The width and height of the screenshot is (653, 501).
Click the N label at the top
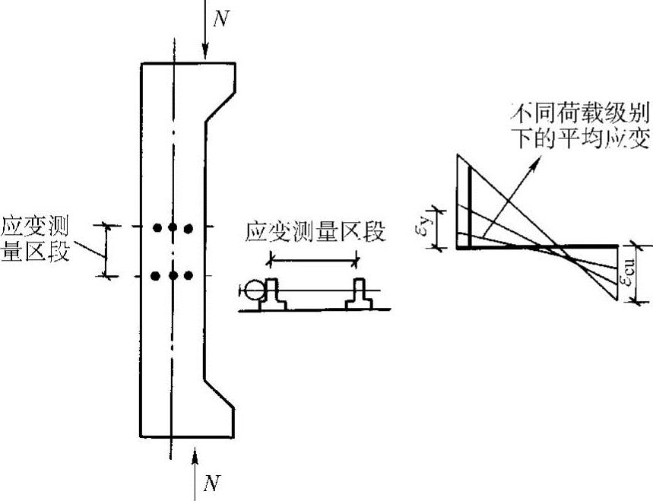pos(220,19)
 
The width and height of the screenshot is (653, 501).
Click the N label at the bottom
pos(215,481)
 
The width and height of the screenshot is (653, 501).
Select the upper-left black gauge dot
pos(157,227)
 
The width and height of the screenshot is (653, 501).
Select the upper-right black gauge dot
pos(189,227)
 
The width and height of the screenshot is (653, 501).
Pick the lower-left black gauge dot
pos(157,276)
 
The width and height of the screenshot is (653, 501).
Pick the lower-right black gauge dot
pos(189,276)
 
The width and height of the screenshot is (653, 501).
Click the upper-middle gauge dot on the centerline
pos(173,227)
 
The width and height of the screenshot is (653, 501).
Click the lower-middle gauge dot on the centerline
pos(173,276)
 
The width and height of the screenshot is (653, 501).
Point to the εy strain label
pos(426,227)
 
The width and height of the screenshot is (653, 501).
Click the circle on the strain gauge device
pos(252,290)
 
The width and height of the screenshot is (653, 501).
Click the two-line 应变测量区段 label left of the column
pos(36,239)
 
